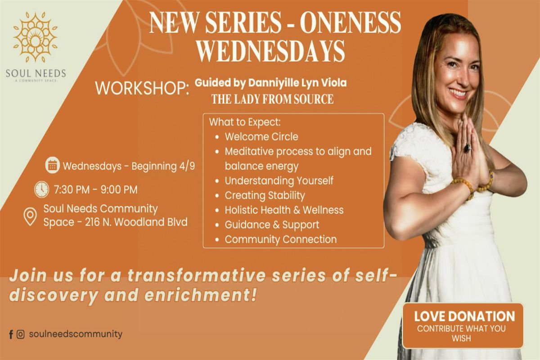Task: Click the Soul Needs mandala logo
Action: [x=36, y=37]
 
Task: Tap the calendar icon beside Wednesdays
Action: [x=53, y=165]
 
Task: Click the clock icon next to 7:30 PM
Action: [x=42, y=189]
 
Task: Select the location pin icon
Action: [x=30, y=216]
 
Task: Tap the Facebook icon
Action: [x=11, y=334]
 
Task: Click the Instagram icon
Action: [x=21, y=334]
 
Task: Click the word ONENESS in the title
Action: [x=350, y=22]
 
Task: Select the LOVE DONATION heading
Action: [x=464, y=316]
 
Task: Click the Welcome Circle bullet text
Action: [x=261, y=137]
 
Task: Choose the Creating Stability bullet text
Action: [x=265, y=195]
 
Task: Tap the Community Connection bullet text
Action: [x=281, y=239]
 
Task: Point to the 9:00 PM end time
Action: [x=119, y=189]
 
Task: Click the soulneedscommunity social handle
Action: [x=76, y=334]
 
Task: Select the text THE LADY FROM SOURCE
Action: [x=273, y=99]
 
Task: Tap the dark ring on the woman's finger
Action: [x=467, y=148]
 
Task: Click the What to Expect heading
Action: [x=245, y=122]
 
